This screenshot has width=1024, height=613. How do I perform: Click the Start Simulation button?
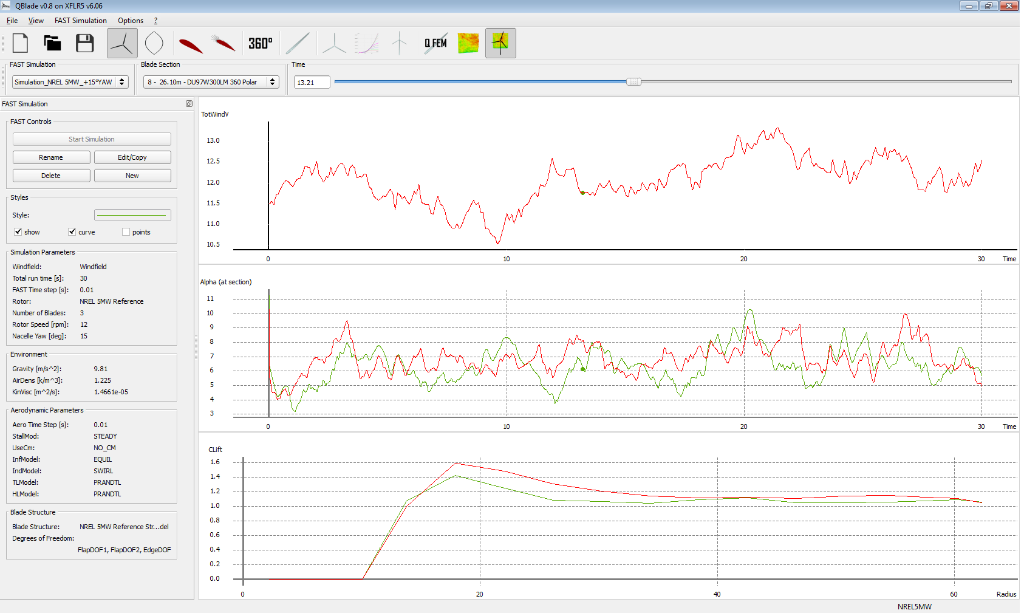(92, 139)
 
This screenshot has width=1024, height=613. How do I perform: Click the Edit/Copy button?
(132, 157)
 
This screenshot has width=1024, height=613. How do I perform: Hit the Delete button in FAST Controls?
(51, 176)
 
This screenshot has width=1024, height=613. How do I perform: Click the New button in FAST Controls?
(132, 176)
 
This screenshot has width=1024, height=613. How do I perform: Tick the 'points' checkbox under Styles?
(126, 232)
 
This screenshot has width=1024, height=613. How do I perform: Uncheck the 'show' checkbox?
(18, 232)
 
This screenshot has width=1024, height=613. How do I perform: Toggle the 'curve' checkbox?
(72, 232)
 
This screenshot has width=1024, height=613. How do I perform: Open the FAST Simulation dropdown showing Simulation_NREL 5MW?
(70, 82)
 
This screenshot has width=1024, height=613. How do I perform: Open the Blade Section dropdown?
(211, 82)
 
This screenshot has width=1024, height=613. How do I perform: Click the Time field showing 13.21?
(312, 82)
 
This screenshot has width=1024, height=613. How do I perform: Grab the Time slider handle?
(633, 81)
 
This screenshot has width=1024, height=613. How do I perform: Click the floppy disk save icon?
(85, 43)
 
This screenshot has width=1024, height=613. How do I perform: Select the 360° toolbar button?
(260, 43)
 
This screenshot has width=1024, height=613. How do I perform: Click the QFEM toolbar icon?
(435, 43)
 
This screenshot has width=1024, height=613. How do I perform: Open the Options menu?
(131, 21)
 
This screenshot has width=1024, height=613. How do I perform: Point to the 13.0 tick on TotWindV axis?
(213, 140)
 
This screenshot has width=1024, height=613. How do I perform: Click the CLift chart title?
(215, 450)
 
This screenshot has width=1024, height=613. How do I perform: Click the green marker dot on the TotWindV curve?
(583, 193)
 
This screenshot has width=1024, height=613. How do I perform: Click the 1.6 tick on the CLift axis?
(215, 462)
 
